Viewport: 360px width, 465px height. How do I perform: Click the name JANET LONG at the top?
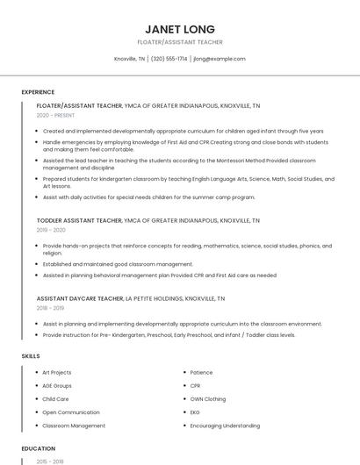click(x=179, y=29)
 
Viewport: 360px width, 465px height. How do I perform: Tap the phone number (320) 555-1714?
click(x=169, y=59)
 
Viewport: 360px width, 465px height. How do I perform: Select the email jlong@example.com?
click(x=219, y=59)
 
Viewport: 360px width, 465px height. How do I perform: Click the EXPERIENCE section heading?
click(x=38, y=92)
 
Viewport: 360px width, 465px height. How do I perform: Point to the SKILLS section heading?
click(x=31, y=356)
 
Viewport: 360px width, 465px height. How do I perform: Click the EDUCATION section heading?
click(x=39, y=448)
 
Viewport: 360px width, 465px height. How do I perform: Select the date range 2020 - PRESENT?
click(x=55, y=115)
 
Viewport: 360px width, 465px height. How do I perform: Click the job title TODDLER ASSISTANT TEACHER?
click(x=79, y=220)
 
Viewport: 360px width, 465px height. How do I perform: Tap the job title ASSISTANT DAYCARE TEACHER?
click(x=80, y=298)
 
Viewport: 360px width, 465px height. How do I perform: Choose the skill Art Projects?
click(x=57, y=373)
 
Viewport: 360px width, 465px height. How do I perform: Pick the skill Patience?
click(x=201, y=373)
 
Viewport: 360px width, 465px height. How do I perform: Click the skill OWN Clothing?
click(x=207, y=399)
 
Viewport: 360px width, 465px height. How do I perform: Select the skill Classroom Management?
click(x=74, y=426)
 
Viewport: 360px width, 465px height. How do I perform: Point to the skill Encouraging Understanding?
click(x=225, y=426)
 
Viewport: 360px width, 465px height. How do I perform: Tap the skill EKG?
click(x=195, y=412)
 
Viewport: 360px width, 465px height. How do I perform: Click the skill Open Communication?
click(x=71, y=412)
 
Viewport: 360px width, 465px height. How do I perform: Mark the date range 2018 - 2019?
click(x=50, y=309)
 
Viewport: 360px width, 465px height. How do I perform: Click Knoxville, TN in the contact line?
click(x=130, y=59)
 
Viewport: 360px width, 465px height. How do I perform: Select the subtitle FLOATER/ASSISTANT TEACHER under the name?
click(x=180, y=42)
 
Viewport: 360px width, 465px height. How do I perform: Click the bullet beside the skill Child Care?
click(x=36, y=399)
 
